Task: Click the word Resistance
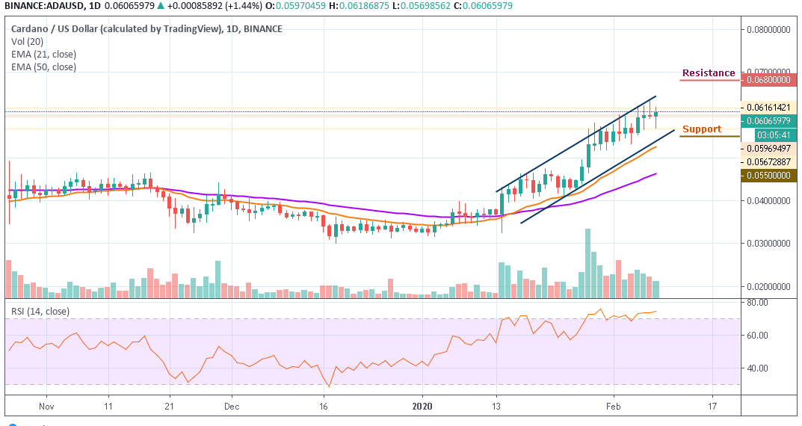pyautogui.click(x=708, y=73)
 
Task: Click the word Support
pyautogui.click(x=702, y=129)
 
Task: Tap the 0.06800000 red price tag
pyautogui.click(x=769, y=79)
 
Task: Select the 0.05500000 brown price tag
pyautogui.click(x=769, y=175)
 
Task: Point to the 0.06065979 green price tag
pyautogui.click(x=769, y=121)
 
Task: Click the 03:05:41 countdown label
pyautogui.click(x=769, y=135)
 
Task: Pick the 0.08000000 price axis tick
pyautogui.click(x=769, y=30)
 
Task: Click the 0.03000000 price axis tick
pyautogui.click(x=769, y=244)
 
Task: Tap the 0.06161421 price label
pyautogui.click(x=769, y=108)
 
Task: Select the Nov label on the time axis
pyautogui.click(x=46, y=407)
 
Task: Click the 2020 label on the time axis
pyautogui.click(x=422, y=407)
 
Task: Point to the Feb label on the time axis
pyautogui.click(x=613, y=407)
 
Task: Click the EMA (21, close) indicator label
pyautogui.click(x=43, y=54)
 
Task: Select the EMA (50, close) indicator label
pyautogui.click(x=43, y=67)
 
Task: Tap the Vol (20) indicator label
pyautogui.click(x=28, y=42)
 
